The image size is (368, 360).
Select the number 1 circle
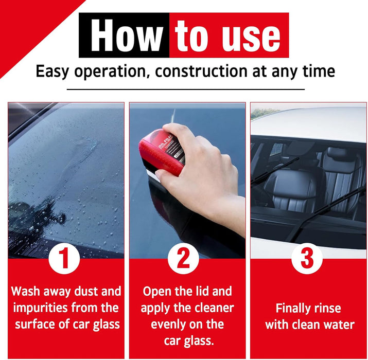click(x=64, y=259)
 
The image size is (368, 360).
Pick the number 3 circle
click(x=307, y=259)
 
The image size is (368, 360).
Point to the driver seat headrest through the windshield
click(x=337, y=154)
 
